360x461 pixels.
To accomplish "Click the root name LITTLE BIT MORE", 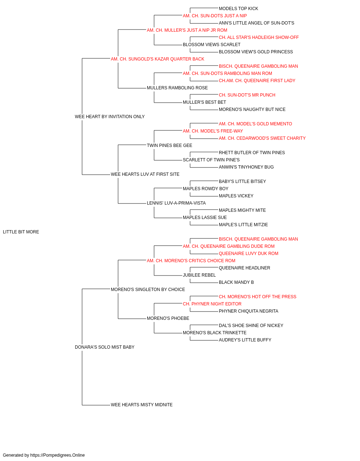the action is pos(21,232).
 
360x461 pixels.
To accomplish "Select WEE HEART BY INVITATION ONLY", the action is pos(109,117).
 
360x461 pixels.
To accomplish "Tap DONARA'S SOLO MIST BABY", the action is pos(104,347).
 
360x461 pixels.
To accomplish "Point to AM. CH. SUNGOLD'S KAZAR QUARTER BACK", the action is pos(157,59).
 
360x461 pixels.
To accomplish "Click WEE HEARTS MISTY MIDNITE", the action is pos(141,405).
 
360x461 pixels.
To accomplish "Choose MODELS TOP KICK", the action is pos(238,9).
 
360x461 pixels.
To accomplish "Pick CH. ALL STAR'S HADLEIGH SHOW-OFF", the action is pos(258,37).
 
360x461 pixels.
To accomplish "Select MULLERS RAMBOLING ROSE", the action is pos(177,88).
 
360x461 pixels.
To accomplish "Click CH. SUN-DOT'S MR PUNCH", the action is pos(247,95).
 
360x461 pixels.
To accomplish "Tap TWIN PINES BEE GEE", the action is pos(170,146).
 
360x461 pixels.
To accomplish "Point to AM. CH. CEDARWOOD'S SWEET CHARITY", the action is pos(262,138).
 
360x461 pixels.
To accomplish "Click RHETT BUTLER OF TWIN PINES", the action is pos(252,153).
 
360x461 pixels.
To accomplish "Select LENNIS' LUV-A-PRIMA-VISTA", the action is pos(176,203).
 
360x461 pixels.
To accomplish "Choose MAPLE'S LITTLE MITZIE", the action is pos(243,225).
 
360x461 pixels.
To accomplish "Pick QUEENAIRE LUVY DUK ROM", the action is pos(248,254).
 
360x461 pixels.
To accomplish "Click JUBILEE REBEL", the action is pos(199,275).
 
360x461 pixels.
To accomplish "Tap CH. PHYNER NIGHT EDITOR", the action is pos(212,304).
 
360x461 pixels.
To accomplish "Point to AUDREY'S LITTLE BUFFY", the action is pos(245,340).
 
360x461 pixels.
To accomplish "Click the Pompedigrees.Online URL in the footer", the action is pos(57,455).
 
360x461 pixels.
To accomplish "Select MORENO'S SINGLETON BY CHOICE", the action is pos(148,290).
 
